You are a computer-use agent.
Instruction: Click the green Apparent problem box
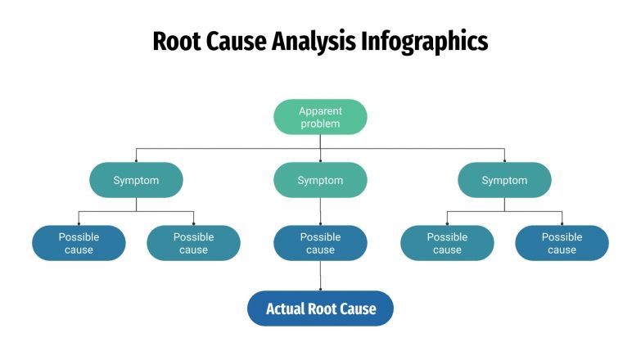click(x=320, y=117)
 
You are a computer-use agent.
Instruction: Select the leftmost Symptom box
click(x=136, y=180)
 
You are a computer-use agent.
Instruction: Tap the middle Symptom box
click(x=320, y=180)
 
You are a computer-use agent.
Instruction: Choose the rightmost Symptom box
click(x=504, y=180)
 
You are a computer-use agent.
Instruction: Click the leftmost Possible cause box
click(x=79, y=243)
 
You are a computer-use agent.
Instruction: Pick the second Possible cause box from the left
click(x=193, y=243)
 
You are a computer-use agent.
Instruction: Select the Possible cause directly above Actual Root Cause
click(x=320, y=243)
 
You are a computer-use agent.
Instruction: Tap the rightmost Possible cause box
click(x=562, y=243)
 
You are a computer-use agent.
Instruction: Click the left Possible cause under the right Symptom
click(x=447, y=243)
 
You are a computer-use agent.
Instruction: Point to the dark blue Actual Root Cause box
click(x=320, y=308)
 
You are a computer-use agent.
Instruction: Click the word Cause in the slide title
click(x=237, y=41)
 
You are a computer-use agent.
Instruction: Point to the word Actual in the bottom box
click(x=285, y=308)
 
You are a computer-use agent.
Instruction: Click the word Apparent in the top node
click(x=320, y=110)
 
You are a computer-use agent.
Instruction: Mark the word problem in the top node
click(x=320, y=124)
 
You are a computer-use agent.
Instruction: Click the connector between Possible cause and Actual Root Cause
click(x=320, y=276)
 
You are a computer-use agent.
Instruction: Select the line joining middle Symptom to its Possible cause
click(x=320, y=211)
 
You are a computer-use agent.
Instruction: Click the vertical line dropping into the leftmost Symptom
click(x=136, y=155)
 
